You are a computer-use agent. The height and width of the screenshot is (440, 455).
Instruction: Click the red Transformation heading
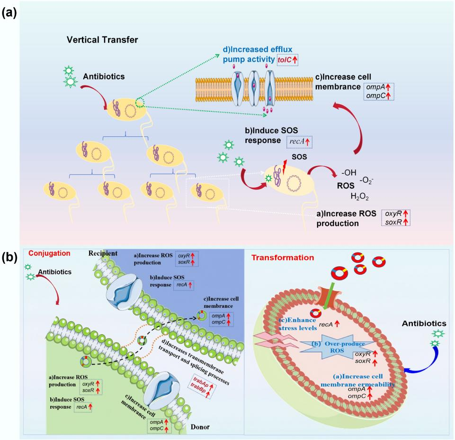click(x=283, y=258)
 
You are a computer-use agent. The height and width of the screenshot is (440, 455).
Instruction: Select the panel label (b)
click(x=10, y=258)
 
